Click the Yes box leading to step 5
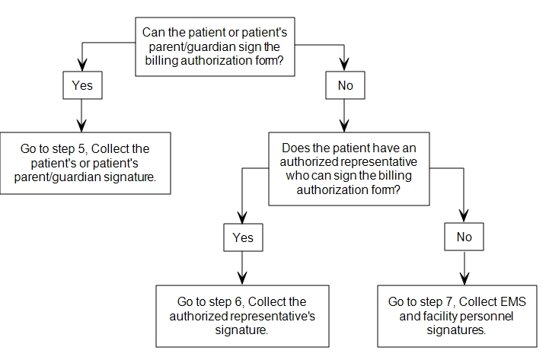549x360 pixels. click(x=83, y=85)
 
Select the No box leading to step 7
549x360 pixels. click(x=464, y=237)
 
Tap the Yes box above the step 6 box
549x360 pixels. click(x=243, y=237)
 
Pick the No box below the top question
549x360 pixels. click(x=345, y=85)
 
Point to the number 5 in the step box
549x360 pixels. click(x=81, y=148)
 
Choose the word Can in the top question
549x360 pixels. click(x=153, y=32)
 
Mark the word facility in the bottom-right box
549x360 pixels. click(x=435, y=316)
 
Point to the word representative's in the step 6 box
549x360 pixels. click(x=273, y=316)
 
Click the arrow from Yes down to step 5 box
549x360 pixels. click(x=81, y=116)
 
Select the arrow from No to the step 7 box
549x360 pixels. click(x=464, y=268)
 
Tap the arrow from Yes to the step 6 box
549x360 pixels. click(x=242, y=269)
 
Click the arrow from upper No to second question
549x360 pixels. click(x=344, y=116)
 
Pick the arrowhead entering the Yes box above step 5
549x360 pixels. click(x=82, y=65)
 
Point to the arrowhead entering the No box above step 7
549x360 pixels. click(x=464, y=217)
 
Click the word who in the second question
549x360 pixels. click(x=295, y=176)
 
